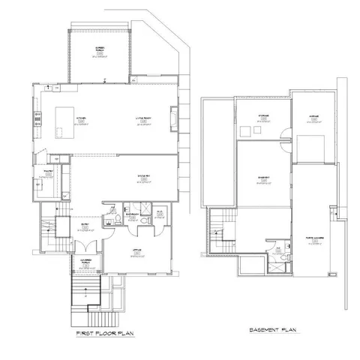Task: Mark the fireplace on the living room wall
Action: click(176, 118)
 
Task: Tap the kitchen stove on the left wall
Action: click(35, 116)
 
